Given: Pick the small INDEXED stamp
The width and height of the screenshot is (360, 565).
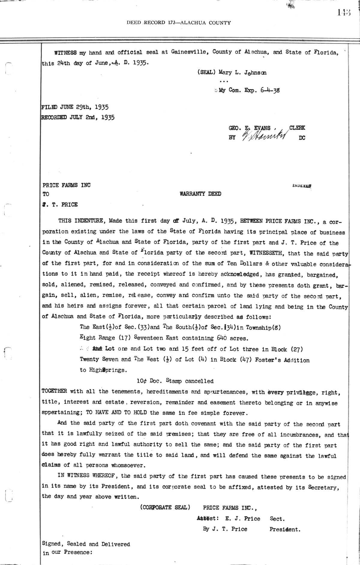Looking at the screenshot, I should (x=301, y=186).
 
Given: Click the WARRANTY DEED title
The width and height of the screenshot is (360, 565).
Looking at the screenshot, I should (x=200, y=194).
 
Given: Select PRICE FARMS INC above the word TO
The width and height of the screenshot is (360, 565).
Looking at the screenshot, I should (x=66, y=185).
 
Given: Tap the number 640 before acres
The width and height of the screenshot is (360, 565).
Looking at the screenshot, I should (x=219, y=338).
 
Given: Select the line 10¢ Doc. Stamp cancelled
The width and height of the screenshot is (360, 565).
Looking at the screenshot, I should (x=175, y=381).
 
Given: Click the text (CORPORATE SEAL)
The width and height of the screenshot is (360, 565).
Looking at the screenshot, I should (x=165, y=507).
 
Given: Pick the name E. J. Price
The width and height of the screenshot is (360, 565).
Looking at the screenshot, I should (x=243, y=519).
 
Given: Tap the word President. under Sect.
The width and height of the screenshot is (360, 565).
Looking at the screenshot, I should (x=285, y=529).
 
